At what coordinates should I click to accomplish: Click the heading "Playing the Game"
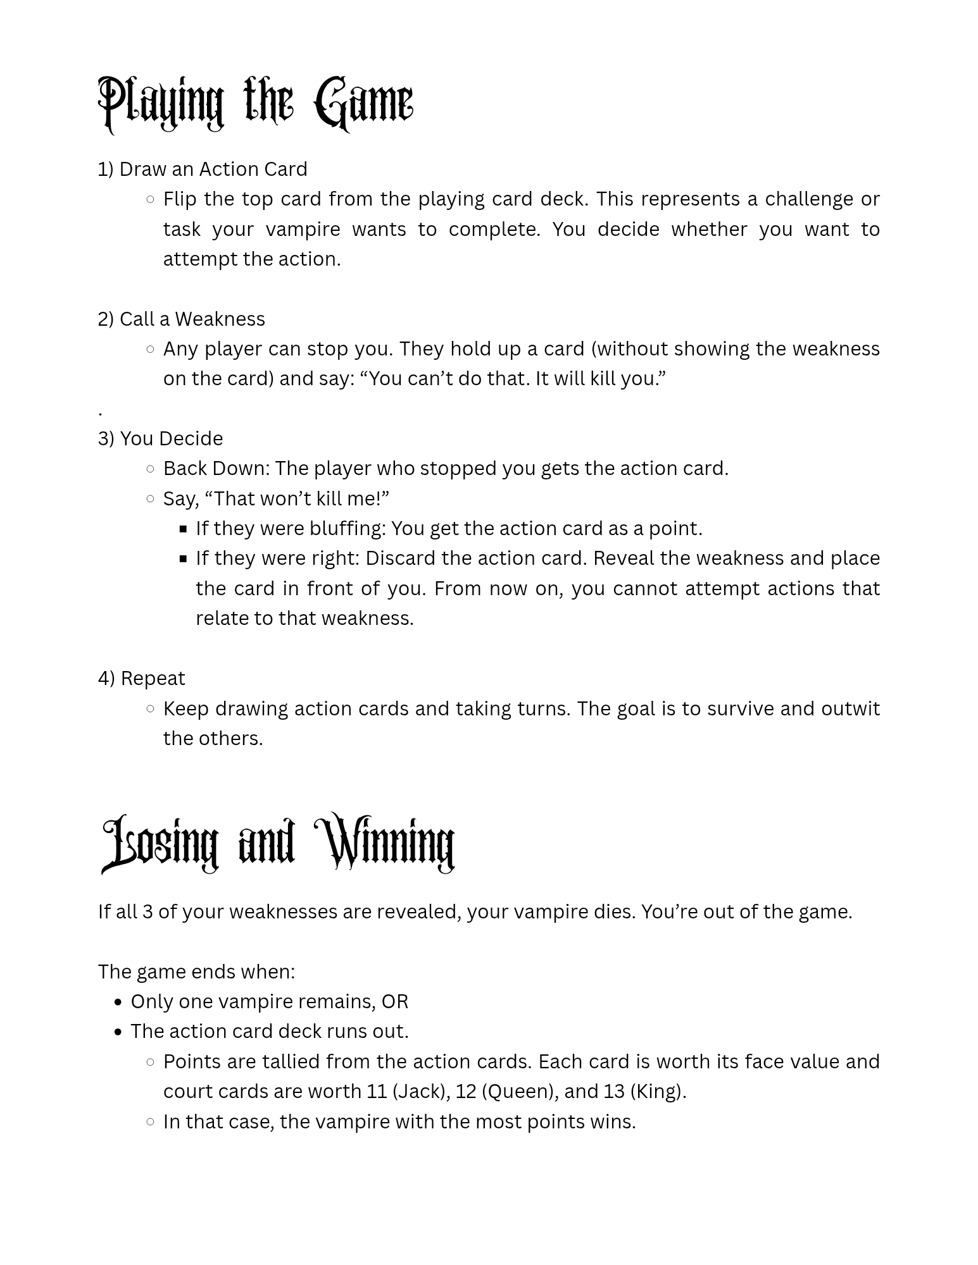[255, 103]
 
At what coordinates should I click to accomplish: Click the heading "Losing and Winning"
[278, 843]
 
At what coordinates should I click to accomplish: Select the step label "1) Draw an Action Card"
[203, 169]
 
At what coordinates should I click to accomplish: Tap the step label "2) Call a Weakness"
[182, 319]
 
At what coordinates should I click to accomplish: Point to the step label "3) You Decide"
[161, 438]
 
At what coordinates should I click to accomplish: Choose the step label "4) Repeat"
[142, 678]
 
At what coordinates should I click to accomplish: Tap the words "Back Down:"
[216, 468]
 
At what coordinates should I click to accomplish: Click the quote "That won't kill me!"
[297, 498]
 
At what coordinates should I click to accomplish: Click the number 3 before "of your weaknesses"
[147, 911]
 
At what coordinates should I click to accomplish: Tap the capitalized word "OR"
[395, 1001]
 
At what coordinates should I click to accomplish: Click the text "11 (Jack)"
[408, 1091]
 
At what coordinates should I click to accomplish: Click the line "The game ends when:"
[196, 972]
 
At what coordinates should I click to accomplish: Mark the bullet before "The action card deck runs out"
[119, 1032]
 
